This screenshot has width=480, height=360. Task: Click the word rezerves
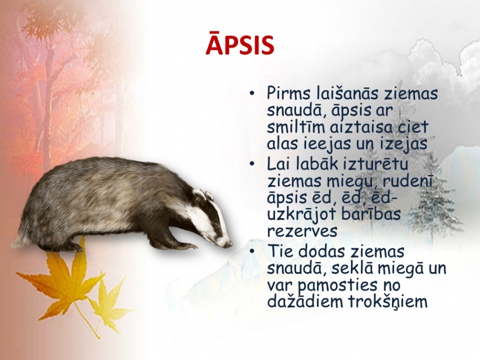click(302, 232)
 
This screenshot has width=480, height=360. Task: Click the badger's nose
click(230, 244)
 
